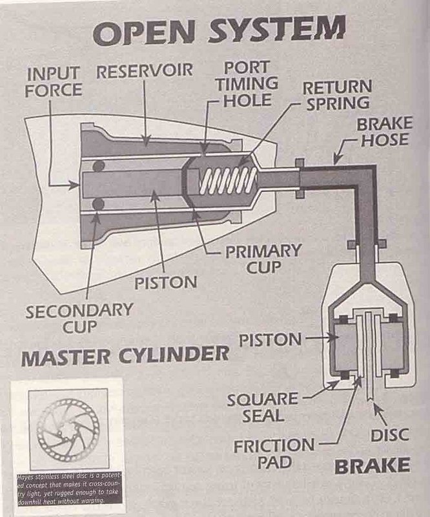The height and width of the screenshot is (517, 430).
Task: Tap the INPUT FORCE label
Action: pos(54,81)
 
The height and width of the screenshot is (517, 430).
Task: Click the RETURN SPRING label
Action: pos(336,94)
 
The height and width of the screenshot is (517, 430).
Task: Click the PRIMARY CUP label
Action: pos(263,257)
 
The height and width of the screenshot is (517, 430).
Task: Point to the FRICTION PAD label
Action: pos(274,454)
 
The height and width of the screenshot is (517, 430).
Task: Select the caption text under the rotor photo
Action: pos(67,491)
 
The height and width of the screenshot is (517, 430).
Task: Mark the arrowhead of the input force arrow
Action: pos(77,185)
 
